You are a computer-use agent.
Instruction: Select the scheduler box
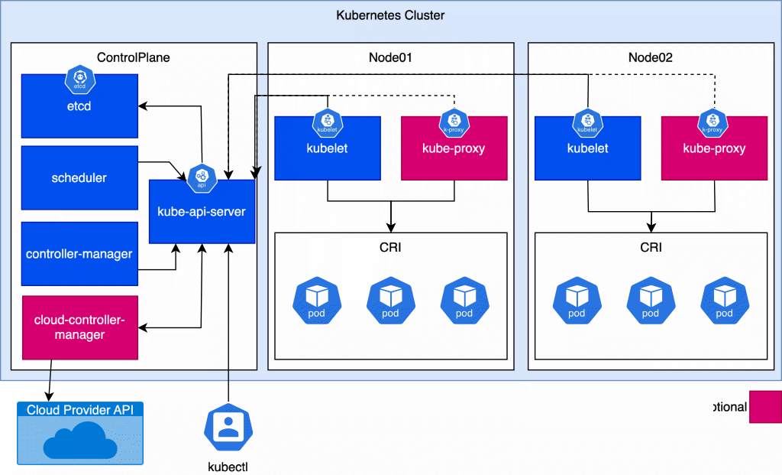coord(79,178)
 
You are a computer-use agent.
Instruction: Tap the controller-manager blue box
coord(79,254)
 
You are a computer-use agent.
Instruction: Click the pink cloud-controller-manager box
coord(80,327)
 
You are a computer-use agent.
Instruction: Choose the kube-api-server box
coord(202,212)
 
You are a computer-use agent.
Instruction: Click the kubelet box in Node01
coord(328,148)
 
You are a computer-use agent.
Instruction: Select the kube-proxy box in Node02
coord(714,148)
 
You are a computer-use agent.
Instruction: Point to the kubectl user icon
coord(228,430)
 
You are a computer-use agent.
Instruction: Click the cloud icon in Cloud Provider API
coord(80,442)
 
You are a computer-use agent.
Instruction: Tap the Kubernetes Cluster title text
coord(390,15)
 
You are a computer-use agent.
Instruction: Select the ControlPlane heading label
coord(134,57)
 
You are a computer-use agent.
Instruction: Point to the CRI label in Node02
coord(651,247)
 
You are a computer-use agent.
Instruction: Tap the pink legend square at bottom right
coord(765,407)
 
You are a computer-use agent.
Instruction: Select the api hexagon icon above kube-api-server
coord(202,177)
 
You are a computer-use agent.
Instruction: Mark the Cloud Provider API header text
coord(80,410)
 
